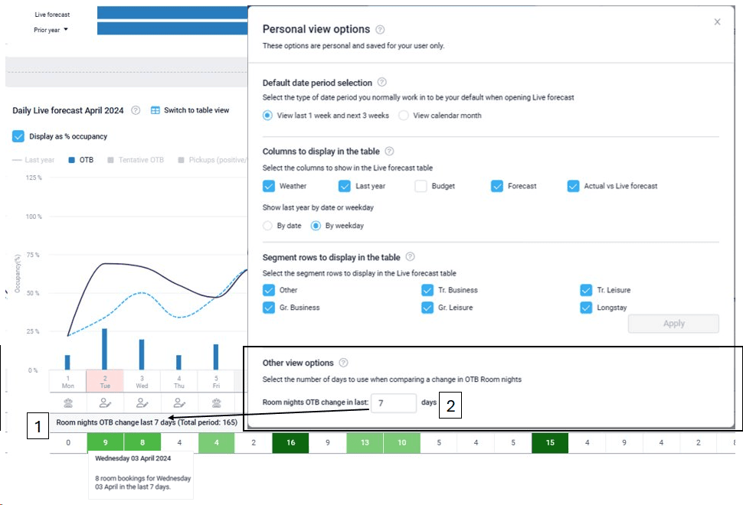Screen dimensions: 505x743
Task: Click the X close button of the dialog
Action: (x=717, y=22)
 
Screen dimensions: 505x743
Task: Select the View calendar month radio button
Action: (x=404, y=116)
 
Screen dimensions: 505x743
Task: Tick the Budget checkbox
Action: (x=421, y=186)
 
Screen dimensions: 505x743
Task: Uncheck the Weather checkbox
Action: (x=269, y=186)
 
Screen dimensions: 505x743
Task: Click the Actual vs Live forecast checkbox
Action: (x=574, y=186)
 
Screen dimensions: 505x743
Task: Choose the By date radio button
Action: (x=267, y=226)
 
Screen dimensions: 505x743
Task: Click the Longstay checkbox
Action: (x=587, y=308)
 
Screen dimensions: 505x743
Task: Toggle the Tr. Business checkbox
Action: (x=427, y=290)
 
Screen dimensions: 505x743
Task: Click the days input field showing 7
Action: (x=393, y=402)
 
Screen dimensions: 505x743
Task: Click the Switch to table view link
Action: (x=190, y=110)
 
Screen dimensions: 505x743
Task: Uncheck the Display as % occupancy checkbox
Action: (x=18, y=136)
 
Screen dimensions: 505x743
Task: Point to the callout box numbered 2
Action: (x=450, y=406)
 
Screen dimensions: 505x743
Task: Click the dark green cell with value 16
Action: (x=290, y=442)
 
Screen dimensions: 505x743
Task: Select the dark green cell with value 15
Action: (x=550, y=442)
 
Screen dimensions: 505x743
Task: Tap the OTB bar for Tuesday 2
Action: (x=104, y=349)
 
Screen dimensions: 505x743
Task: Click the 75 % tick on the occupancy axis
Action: (x=33, y=255)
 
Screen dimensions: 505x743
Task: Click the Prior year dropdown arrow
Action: (x=66, y=30)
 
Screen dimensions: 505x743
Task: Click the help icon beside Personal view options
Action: (x=381, y=30)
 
